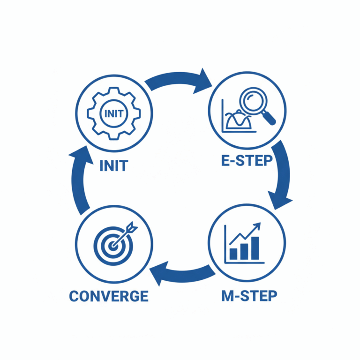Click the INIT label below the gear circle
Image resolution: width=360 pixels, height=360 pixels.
[x=114, y=166]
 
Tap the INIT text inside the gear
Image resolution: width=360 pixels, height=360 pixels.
[x=114, y=113]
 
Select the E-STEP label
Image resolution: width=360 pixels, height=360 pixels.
[x=247, y=160]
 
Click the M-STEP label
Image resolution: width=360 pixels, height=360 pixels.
[x=249, y=296]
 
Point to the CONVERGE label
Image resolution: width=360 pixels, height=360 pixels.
[x=109, y=296]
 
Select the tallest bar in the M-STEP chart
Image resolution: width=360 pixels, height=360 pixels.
[x=255, y=248]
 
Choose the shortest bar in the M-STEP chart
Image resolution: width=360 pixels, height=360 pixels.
[x=233, y=254]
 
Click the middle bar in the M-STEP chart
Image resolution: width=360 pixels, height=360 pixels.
[x=244, y=251]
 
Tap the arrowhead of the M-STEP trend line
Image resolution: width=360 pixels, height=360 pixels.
[x=258, y=226]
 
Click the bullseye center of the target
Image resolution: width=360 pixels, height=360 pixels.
[x=112, y=246]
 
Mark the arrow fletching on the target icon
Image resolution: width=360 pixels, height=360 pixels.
[x=132, y=227]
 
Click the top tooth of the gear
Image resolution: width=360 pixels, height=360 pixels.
[x=114, y=90]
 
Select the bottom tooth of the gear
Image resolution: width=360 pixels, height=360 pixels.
[x=114, y=136]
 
